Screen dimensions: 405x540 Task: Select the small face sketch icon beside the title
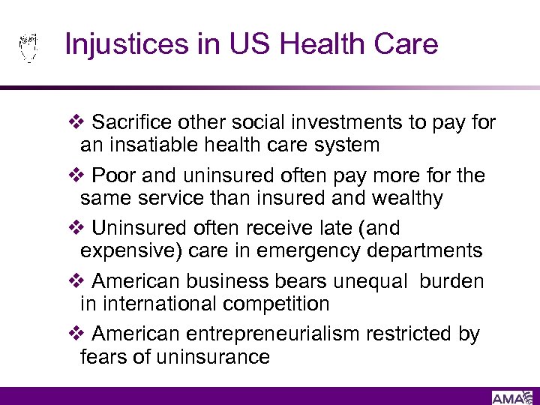pos(28,47)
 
